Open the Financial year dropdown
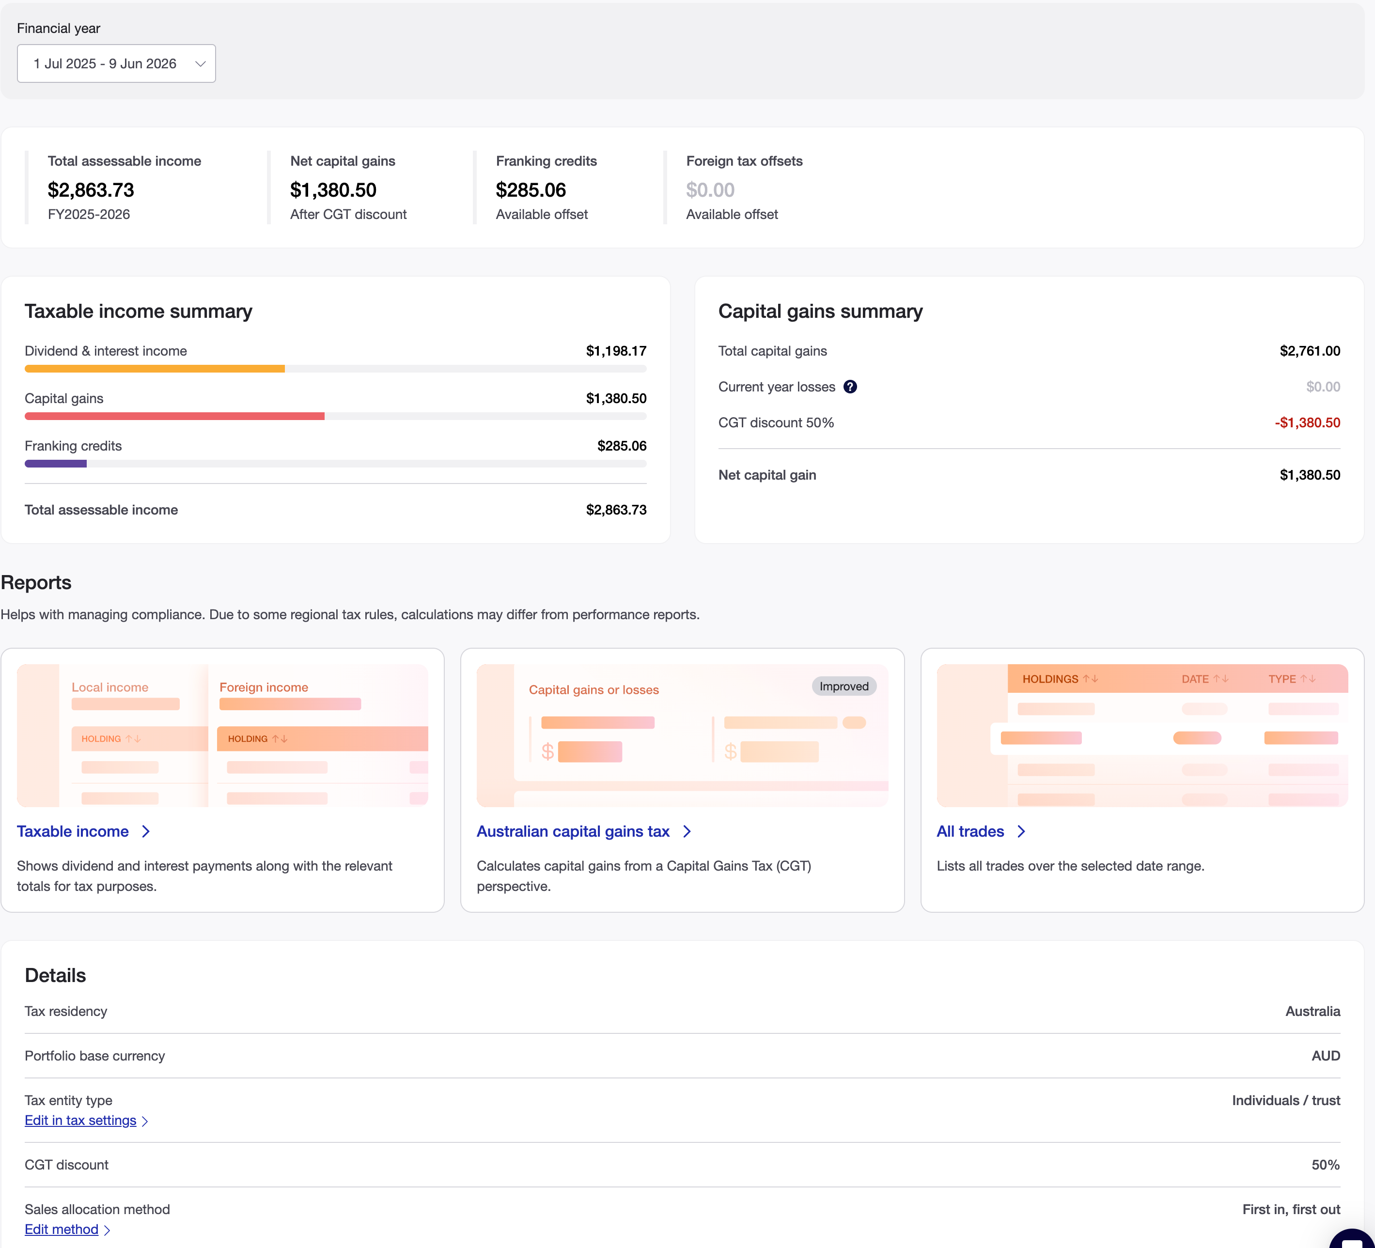116,63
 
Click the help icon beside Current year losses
850,387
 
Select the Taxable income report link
83,831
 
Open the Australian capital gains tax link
584,831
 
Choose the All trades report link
981,831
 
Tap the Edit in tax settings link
86,1121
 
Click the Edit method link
67,1230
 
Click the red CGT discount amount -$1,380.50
1308,423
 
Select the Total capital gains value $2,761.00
1310,351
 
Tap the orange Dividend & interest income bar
155,369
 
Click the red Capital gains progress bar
174,416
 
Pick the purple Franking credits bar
56,464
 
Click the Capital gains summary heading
821,311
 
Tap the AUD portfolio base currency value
1326,1056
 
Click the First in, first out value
1291,1209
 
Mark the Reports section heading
36,582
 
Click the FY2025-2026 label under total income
89,214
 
